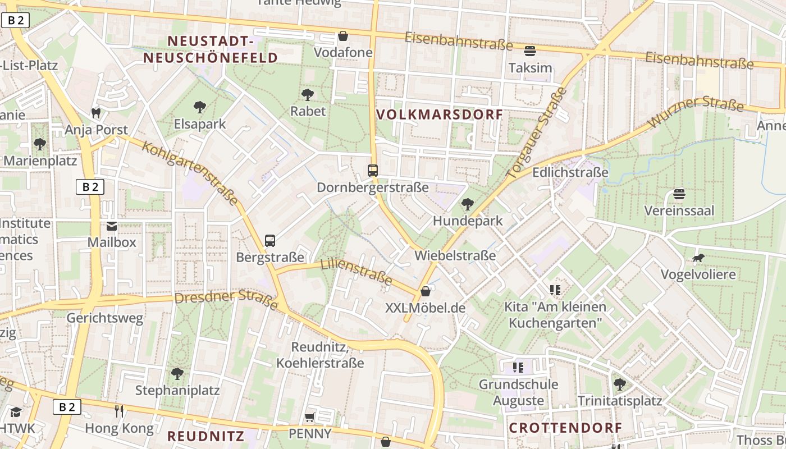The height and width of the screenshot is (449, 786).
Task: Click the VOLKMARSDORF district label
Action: [x=439, y=114]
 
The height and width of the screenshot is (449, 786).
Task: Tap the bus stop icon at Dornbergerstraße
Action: [x=372, y=170]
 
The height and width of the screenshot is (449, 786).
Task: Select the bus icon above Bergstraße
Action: [x=270, y=241]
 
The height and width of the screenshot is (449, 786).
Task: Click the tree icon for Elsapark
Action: [x=199, y=107]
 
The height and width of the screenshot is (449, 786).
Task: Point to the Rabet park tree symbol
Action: [x=307, y=94]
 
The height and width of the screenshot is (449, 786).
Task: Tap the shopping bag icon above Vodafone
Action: [x=343, y=36]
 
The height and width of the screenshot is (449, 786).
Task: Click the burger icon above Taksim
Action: [x=529, y=51]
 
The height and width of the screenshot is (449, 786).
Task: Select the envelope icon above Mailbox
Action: [x=112, y=226]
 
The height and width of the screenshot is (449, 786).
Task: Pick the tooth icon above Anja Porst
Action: [x=96, y=113]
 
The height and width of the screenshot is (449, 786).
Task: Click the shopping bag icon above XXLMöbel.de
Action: [x=426, y=291]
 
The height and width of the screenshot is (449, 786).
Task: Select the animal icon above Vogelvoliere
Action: [x=698, y=258]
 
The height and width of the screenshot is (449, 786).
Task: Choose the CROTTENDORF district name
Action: [x=565, y=428]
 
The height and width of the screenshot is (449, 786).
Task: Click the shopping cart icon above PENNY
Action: [x=309, y=417]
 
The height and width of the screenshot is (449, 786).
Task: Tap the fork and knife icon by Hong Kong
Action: [x=118, y=411]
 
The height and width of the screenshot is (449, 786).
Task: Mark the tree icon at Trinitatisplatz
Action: [x=619, y=384]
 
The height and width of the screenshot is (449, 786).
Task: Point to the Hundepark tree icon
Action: [x=467, y=204]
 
